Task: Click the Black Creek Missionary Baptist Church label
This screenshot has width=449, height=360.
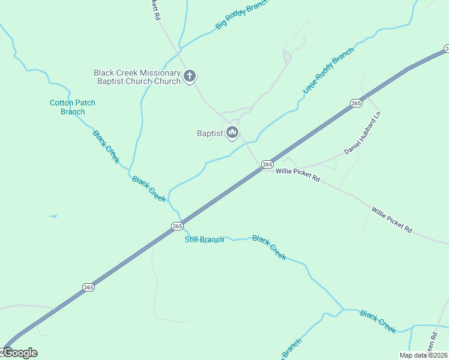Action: (137, 77)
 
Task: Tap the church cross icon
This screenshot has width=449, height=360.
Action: (190, 76)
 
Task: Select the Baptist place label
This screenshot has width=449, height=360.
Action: (210, 133)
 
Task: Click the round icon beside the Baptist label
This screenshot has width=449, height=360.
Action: (233, 133)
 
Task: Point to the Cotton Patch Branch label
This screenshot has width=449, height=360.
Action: (73, 107)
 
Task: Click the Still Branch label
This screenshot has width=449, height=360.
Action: (204, 239)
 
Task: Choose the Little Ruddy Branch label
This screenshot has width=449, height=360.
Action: (328, 70)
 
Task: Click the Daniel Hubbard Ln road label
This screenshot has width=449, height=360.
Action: (363, 133)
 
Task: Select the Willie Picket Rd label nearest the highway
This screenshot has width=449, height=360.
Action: (298, 175)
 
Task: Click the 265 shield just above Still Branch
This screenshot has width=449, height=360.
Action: (176, 226)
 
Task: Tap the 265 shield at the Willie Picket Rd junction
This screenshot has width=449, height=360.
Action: (267, 164)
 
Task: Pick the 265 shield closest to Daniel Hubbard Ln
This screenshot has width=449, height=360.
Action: (356, 103)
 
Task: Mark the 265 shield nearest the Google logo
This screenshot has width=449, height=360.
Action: (88, 287)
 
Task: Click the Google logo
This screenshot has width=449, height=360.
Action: (20, 353)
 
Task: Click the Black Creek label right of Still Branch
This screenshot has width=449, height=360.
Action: (269, 247)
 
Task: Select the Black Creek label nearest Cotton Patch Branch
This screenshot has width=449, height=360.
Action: (106, 146)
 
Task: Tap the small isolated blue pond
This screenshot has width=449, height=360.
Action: (53, 216)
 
